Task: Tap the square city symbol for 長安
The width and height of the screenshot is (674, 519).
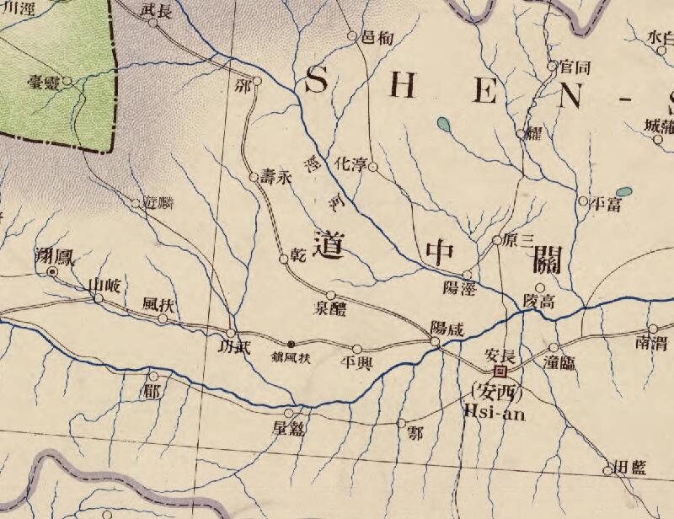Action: pos(500,370)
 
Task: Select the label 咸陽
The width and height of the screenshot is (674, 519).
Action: pos(447,328)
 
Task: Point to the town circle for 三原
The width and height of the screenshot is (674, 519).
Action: pos(496,241)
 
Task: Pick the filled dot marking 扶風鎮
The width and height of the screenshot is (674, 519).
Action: pos(292,344)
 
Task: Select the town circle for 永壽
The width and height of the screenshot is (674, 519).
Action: pos(253,177)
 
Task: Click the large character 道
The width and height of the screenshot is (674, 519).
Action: pos(329,243)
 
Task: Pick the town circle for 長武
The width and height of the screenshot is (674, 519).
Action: pos(153,23)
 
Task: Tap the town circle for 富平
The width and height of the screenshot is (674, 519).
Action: pos(582,201)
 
